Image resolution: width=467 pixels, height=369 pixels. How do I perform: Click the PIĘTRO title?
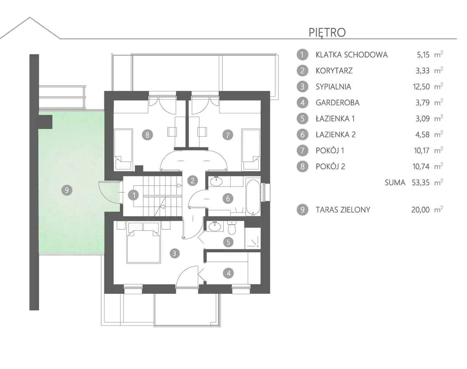327,33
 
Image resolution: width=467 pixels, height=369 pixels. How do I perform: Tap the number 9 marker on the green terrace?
67,190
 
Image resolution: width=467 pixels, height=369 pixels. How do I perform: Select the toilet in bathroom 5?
232,228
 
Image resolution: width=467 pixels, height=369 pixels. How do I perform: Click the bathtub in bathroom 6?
253,197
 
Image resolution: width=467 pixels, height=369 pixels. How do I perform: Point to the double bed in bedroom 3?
144,243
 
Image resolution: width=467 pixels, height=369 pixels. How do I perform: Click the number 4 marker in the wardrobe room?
228,273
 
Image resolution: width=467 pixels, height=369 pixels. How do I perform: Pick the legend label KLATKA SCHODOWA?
352,55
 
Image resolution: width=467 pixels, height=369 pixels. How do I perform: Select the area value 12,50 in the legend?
421,87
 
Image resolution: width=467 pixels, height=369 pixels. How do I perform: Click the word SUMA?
395,183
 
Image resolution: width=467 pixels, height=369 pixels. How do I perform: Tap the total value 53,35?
421,183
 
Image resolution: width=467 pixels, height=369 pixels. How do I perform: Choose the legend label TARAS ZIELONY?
343,210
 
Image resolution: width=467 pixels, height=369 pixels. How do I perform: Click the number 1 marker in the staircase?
134,195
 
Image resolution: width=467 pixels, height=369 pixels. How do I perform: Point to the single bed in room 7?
251,149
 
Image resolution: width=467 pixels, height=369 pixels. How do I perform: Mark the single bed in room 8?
123,149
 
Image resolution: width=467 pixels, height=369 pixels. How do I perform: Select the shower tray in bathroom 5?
252,238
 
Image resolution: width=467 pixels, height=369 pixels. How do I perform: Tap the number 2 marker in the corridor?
193,180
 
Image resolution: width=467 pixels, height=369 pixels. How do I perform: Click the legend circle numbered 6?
302,135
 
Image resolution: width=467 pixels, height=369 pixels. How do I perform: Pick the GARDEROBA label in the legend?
337,102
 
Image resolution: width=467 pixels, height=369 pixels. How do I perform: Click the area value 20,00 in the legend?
421,210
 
